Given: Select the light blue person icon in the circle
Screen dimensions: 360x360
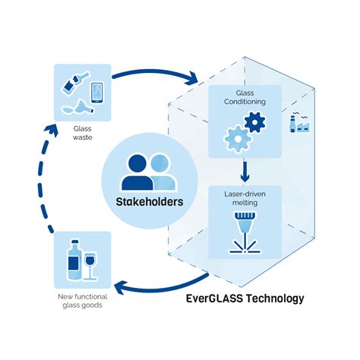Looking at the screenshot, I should coord(160,172).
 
